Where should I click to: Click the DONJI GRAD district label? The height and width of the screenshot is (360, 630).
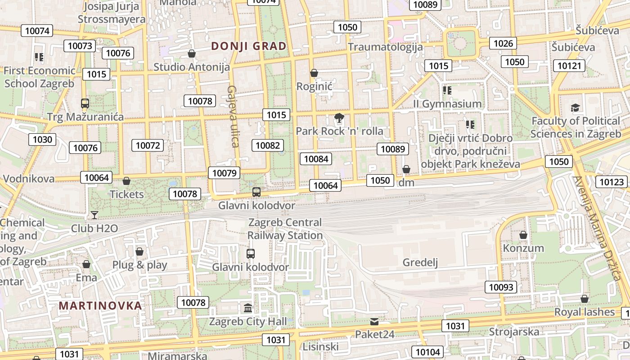click(x=249, y=46)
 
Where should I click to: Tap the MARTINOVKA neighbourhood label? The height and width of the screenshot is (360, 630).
click(x=100, y=306)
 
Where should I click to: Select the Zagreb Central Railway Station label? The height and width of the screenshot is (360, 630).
click(x=285, y=229)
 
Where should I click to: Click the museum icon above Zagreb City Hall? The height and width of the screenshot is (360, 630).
click(x=248, y=308)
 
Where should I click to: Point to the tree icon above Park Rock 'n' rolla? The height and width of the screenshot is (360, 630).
click(x=339, y=118)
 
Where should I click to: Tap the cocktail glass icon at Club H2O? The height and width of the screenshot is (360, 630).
click(x=94, y=215)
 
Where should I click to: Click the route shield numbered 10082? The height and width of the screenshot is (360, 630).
click(x=268, y=145)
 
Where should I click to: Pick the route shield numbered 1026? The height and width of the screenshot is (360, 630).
click(x=503, y=43)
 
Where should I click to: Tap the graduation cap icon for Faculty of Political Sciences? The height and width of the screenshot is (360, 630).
click(x=576, y=108)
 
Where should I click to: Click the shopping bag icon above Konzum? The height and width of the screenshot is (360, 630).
click(x=523, y=235)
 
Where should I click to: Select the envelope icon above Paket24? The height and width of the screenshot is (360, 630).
click(x=374, y=321)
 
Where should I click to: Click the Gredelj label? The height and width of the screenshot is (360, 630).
click(x=420, y=262)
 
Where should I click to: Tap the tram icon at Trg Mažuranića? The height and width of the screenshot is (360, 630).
click(x=85, y=103)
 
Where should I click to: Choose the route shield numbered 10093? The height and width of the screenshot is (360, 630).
click(x=501, y=287)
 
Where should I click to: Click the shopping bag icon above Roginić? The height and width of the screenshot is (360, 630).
click(x=314, y=73)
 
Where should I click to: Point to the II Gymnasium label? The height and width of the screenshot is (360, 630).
click(x=447, y=104)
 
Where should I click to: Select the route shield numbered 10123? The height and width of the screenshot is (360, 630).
click(x=612, y=182)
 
